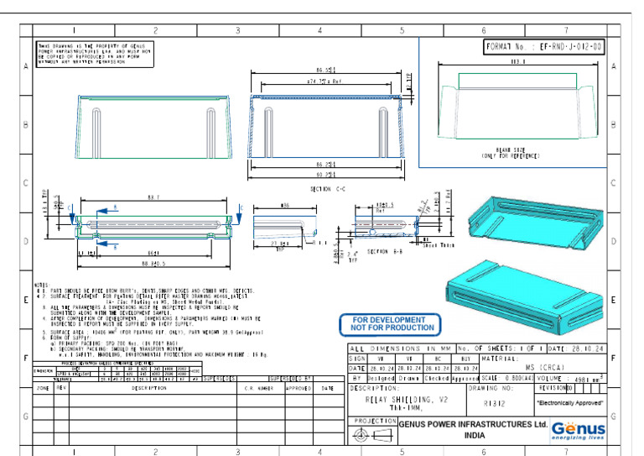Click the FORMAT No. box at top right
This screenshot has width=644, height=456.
[544, 47]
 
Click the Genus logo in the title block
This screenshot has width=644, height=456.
[578, 429]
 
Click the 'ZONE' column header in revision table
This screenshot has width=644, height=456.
[42, 389]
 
